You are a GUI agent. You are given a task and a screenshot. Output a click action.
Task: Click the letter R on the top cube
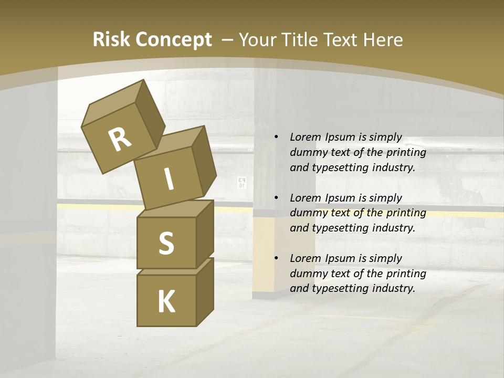coord(120,140)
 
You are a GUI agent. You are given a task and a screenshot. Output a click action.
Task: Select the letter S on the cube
coord(166,243)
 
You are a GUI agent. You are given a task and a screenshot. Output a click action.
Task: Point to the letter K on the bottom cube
coord(166,301)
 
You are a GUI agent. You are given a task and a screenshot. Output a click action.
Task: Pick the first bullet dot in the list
coord(276,138)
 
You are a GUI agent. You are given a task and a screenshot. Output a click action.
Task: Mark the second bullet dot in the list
coord(276,198)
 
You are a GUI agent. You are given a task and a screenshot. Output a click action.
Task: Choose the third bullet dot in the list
coord(276,258)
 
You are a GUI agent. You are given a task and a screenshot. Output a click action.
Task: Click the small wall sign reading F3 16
coord(241,183)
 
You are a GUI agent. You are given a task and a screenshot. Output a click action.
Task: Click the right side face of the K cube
coord(205,291)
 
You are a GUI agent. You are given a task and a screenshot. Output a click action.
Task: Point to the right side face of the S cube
coord(205,234)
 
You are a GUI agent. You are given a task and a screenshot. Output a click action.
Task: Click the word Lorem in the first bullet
coord(304,137)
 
